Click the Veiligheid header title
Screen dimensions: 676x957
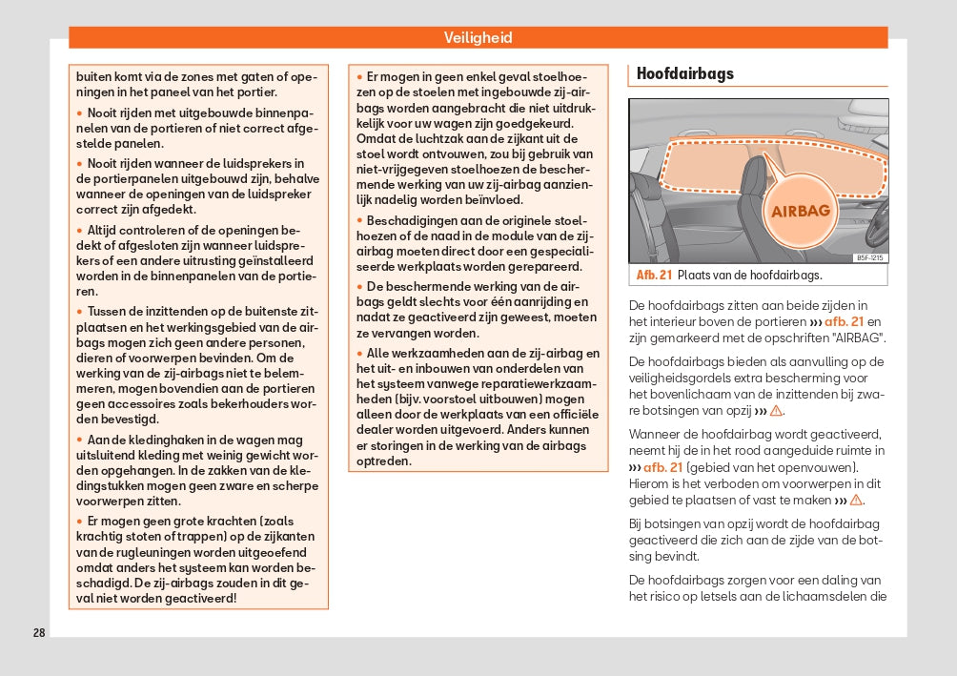(x=478, y=38)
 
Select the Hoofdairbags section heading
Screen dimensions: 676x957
(x=684, y=73)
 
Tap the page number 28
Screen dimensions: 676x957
(x=39, y=632)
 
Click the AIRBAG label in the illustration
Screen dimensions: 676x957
(x=800, y=211)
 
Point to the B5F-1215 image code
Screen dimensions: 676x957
(x=868, y=257)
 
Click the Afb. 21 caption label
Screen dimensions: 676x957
(x=654, y=276)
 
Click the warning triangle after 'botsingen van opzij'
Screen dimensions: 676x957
(x=776, y=411)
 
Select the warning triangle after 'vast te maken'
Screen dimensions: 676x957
(x=856, y=501)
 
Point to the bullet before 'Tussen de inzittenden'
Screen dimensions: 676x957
(x=79, y=312)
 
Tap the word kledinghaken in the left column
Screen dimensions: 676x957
(x=152, y=440)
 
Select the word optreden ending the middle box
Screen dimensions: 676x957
(x=384, y=461)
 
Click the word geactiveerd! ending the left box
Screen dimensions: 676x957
(x=199, y=599)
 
